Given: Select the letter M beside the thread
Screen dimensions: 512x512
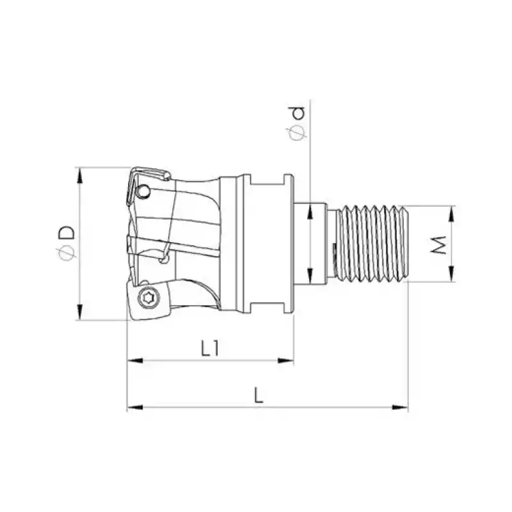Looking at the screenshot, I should click(x=438, y=244).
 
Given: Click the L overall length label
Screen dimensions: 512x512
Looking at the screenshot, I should click(x=258, y=396).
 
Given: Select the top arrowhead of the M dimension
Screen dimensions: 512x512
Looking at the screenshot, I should click(x=452, y=210).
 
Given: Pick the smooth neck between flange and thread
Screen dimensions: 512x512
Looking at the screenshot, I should click(x=311, y=243).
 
